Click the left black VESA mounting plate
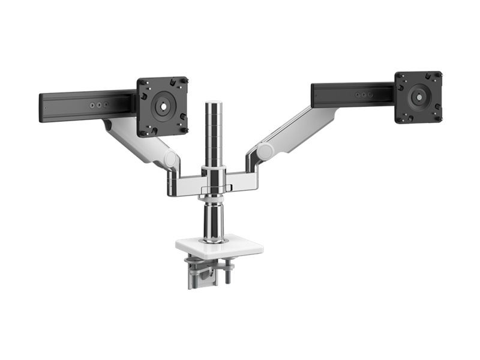tap(162, 106)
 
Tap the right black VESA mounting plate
tap(418, 97)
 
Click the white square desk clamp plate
tap(220, 246)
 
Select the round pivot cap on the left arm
tap(171, 159)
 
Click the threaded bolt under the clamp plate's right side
tap(229, 273)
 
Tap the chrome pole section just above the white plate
tap(214, 222)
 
